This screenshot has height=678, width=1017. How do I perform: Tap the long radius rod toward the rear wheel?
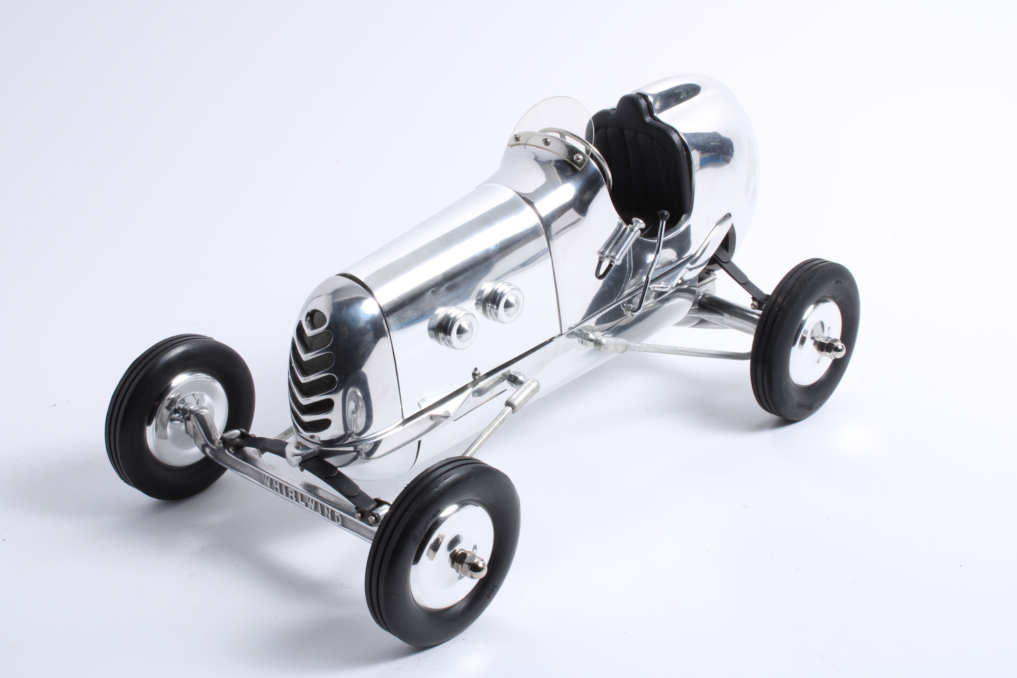674,348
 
